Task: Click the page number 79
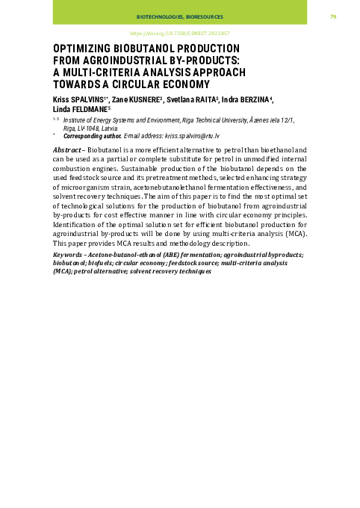tap(333, 16)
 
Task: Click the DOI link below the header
tap(179, 34)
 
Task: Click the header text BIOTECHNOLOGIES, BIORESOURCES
tap(179, 16)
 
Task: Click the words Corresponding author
tap(92, 136)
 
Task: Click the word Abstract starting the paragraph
tap(67, 150)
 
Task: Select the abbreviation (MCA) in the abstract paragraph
tap(294, 234)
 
